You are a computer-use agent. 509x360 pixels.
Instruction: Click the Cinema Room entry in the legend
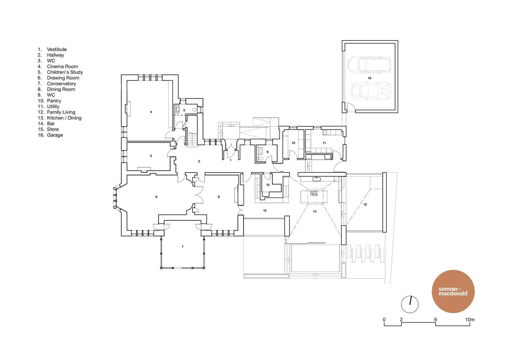(58, 66)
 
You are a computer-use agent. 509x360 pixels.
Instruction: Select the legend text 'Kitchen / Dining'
(60, 118)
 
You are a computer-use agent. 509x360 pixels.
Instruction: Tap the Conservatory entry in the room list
(57, 84)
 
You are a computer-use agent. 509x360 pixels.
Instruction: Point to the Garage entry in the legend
(50, 135)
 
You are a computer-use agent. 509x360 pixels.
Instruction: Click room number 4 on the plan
(151, 112)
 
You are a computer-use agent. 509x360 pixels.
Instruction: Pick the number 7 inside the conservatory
(182, 247)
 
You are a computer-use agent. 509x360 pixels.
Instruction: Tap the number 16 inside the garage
(369, 78)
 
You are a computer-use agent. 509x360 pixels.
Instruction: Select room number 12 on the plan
(365, 204)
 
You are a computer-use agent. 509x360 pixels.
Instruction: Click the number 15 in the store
(268, 185)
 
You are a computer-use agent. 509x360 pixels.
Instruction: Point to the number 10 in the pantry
(294, 143)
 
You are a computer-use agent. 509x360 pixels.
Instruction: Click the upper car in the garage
(370, 65)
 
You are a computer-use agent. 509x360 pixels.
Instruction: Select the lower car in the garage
(371, 91)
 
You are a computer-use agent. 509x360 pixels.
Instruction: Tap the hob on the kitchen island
(314, 194)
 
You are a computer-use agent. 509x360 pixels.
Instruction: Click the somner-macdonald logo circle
(453, 291)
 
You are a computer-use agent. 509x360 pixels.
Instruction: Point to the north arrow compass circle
(410, 304)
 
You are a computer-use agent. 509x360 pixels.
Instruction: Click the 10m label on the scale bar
(470, 320)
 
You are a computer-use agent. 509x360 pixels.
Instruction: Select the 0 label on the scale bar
(384, 320)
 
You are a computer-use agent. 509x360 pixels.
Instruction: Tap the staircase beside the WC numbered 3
(192, 138)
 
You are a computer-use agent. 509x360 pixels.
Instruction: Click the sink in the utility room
(325, 132)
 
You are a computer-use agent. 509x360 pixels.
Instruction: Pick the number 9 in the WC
(268, 152)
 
